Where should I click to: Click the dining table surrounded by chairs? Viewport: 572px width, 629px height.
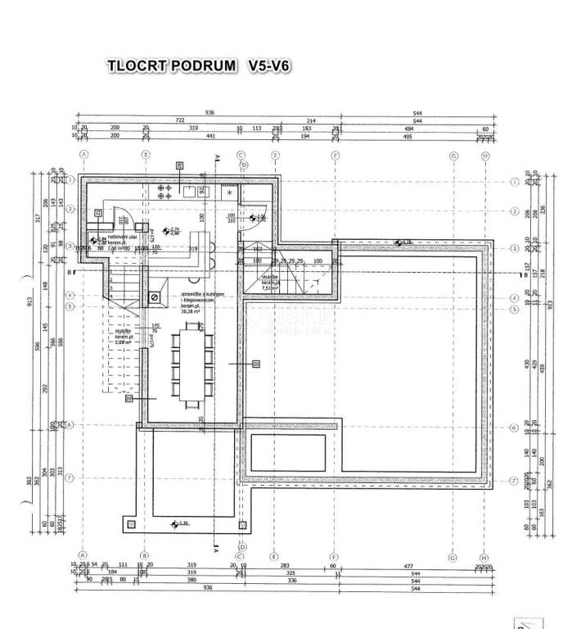193,364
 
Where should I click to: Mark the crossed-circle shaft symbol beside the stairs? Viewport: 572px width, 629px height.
152,296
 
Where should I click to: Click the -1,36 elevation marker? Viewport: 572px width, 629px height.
181,523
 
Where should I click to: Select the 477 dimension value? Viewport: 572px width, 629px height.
407,564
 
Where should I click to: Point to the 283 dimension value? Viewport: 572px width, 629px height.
286,564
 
